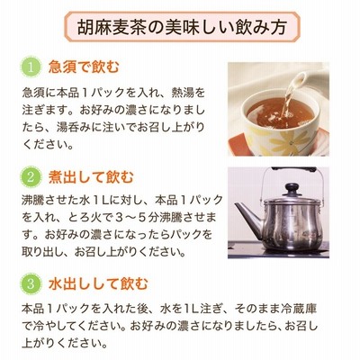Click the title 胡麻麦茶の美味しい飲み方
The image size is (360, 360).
pos(182,28)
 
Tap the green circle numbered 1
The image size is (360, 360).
pos(31,67)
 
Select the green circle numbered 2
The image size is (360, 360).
pos(31,177)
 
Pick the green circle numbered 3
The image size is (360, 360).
pos(31,283)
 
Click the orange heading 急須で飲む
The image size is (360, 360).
pos(84,67)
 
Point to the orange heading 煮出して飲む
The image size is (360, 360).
pos(91,177)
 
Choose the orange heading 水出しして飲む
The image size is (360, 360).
pos(98,283)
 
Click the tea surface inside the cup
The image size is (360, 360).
pos(281,112)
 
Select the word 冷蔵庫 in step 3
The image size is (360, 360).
pos(300,308)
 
